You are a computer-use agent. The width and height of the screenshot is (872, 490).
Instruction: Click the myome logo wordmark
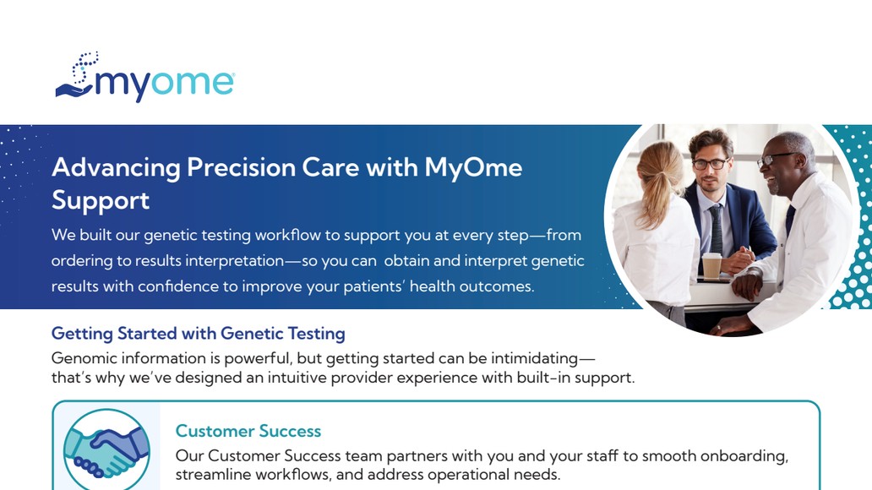coord(164,84)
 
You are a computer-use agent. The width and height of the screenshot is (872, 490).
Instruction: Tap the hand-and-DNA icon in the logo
coord(77,76)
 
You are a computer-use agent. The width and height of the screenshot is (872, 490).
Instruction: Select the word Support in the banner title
coord(101,201)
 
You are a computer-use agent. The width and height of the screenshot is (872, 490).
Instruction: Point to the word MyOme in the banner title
coord(473,168)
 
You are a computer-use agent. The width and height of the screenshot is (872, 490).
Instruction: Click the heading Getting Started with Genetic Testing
coord(199,333)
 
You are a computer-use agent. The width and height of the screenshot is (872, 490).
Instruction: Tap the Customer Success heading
coord(248,431)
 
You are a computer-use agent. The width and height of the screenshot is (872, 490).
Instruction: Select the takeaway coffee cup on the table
coord(711,265)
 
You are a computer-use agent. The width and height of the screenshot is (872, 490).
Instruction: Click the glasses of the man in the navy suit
coord(710,164)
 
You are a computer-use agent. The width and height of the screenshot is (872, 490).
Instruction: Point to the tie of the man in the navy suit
coord(717,229)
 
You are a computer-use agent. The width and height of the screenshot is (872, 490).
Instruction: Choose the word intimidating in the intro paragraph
coord(534,358)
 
